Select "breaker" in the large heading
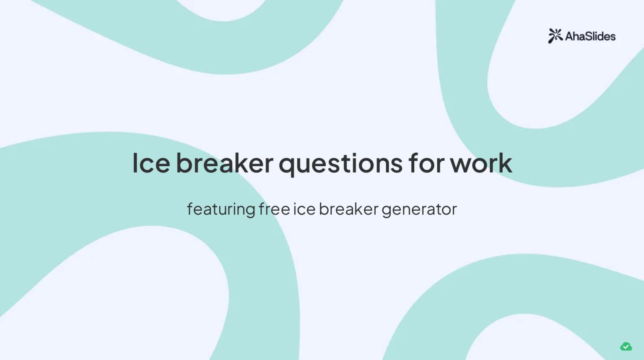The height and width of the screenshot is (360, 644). coord(224,163)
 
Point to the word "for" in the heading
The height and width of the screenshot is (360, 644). coord(426,163)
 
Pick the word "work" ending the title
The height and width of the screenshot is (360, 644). coord(481,163)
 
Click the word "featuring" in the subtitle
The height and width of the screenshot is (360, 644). coord(221,209)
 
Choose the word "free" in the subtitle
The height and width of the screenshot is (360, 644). coord(274,209)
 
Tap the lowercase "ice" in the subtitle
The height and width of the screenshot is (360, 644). coord(304,209)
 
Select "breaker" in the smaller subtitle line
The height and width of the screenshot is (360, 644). coord(348,209)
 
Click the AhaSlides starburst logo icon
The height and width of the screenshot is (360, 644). coord(555,36)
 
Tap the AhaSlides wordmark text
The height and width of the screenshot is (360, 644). coord(590,37)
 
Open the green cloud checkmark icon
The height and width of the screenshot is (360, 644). coord(626,347)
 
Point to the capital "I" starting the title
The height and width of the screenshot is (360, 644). coord(135,163)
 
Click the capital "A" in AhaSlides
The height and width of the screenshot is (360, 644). coord(569,37)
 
